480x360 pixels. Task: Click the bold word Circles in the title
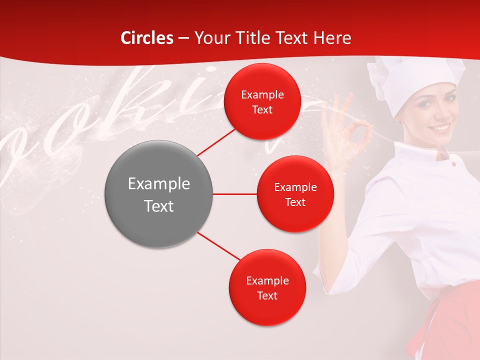tap(147, 38)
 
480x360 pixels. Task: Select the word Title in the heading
tap(253, 38)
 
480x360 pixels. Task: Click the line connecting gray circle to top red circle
tap(217, 141)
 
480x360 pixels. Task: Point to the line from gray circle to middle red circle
tap(234, 194)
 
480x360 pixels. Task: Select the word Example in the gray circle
tap(158, 184)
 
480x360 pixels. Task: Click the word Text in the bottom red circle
tap(267, 295)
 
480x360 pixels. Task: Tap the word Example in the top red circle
tap(262, 95)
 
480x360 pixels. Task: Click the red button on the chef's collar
tap(453, 164)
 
